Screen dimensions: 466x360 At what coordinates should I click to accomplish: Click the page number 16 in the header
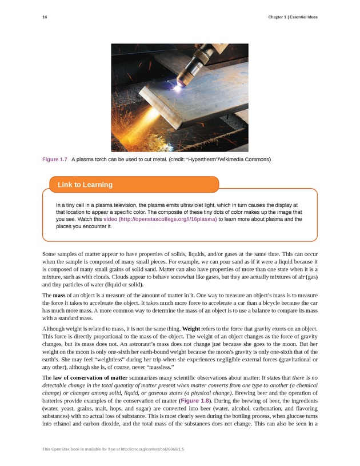(x=45, y=17)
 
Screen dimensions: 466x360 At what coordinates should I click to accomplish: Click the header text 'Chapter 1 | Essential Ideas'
(x=293, y=17)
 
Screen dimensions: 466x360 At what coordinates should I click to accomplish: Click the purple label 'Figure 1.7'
(x=55, y=158)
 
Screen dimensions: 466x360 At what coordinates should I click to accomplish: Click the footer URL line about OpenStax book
(x=113, y=449)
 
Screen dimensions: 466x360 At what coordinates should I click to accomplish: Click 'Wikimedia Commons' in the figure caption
(x=238, y=158)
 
